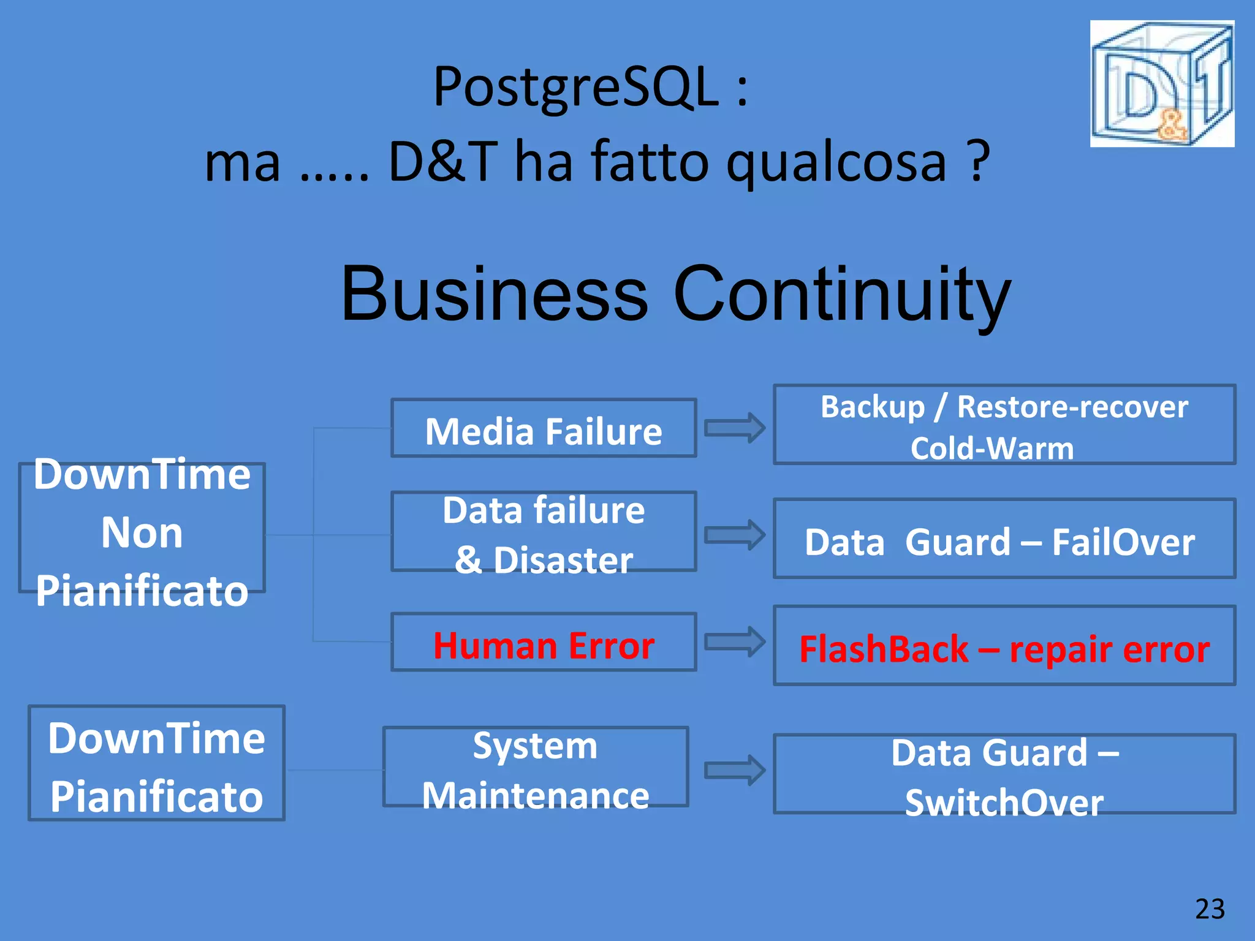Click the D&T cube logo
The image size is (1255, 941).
1162,84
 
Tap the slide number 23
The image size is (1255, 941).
1210,909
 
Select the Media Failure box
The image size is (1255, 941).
544,429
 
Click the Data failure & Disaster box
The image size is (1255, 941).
544,532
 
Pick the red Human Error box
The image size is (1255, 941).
544,643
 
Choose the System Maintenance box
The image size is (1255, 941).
536,768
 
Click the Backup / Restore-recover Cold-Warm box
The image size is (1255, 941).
1004,425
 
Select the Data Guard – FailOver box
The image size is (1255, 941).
1004,539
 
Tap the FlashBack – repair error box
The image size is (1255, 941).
1004,646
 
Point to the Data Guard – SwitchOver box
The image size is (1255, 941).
1004,774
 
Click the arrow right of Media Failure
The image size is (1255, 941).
734,428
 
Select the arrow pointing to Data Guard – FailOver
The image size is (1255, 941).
734,535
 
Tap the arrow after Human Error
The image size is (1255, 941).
734,642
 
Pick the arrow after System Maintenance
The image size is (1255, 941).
734,770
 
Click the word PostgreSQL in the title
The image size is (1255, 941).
575,87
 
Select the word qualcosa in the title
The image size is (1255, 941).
836,162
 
